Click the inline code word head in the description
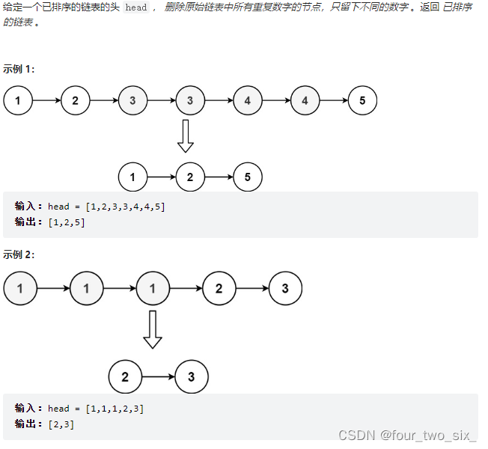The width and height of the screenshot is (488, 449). pos(135,7)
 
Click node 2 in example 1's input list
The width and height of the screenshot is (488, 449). pos(75,100)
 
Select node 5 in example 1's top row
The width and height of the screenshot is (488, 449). pos(362,100)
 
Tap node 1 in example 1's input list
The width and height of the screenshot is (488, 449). pos(18,100)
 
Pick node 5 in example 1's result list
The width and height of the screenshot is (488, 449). pos(248,177)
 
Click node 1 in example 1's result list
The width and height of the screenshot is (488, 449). pos(132,177)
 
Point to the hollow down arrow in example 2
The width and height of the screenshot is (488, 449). pos(153,329)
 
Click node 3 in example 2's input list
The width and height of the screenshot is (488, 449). pos(285,289)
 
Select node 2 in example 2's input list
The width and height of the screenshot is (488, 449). pos(219,289)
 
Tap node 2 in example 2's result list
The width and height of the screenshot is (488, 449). pos(124,377)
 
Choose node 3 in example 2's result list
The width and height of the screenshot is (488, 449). pos(191,377)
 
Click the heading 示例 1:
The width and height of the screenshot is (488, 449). pos(19,69)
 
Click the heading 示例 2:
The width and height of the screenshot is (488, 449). pos(19,254)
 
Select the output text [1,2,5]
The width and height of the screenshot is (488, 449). pos(67,222)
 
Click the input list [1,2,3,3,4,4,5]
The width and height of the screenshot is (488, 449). pos(125,207)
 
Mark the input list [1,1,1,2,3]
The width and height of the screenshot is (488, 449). pos(115,409)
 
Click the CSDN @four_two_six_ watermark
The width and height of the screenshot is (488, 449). pos(407,436)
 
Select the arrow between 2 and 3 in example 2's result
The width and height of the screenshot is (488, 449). pos(157,377)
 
